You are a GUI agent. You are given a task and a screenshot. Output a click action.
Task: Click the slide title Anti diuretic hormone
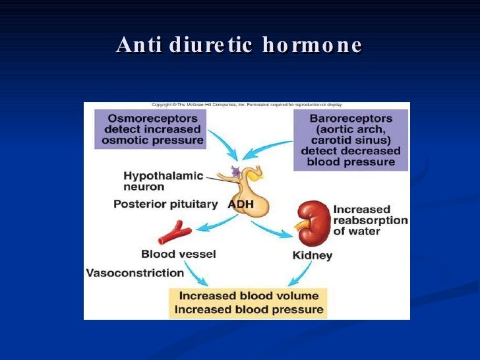(x=239, y=45)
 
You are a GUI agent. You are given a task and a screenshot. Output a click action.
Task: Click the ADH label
(x=241, y=204)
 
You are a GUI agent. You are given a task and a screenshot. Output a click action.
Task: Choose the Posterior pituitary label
(x=165, y=204)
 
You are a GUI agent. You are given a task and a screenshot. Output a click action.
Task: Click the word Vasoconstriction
(x=135, y=272)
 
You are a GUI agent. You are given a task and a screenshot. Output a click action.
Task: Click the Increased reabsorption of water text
(x=370, y=220)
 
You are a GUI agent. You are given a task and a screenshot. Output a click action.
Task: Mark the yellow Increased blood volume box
(x=249, y=303)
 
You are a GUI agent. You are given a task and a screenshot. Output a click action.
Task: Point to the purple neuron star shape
(x=235, y=173)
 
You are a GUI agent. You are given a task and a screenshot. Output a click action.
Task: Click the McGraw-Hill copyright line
(x=251, y=105)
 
